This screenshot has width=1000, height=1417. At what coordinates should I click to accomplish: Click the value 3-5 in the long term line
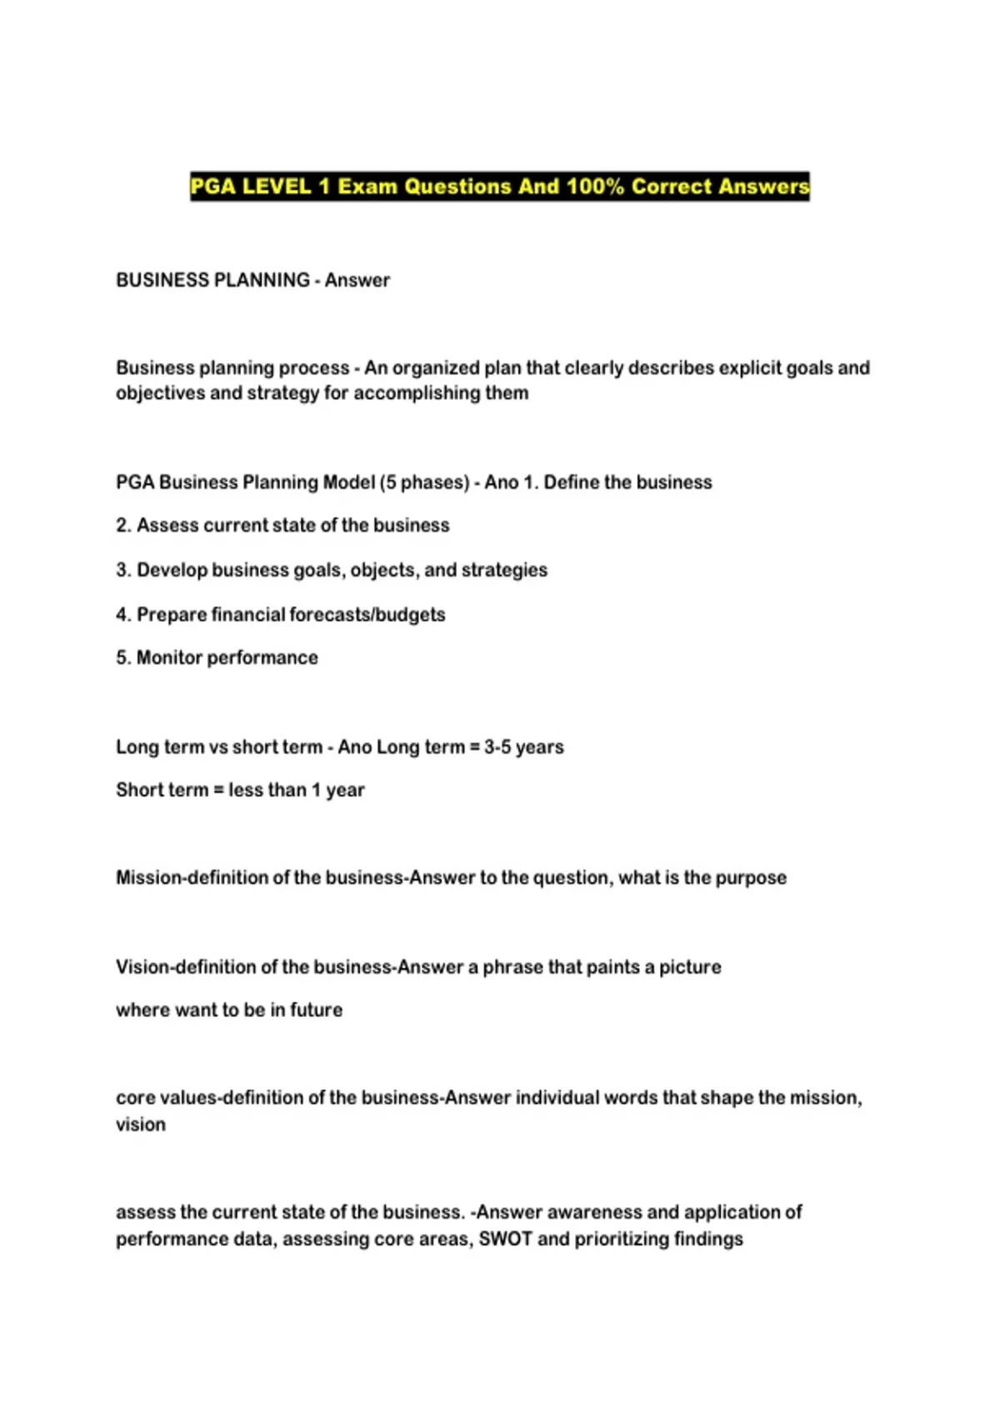point(497,747)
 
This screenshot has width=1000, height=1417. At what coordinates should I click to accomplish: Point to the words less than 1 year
point(297,789)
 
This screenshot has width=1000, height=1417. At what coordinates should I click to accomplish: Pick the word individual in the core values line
point(556,1098)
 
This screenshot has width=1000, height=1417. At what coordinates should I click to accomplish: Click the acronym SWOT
point(505,1239)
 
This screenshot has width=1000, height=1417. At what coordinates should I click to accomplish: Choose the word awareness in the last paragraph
point(594,1212)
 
